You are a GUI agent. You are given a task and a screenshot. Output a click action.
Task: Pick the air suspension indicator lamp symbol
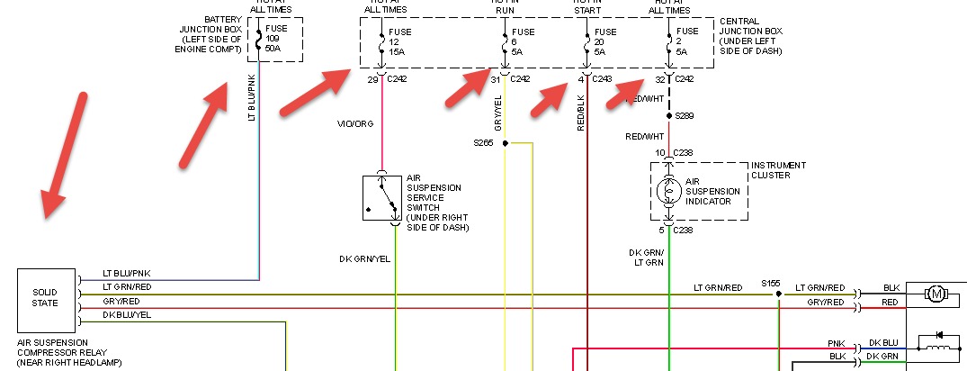pyautogui.click(x=668, y=191)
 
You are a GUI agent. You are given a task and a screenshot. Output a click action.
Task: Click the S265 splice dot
pyautogui.click(x=506, y=143)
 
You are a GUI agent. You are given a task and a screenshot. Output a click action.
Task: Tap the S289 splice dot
pyautogui.click(x=668, y=116)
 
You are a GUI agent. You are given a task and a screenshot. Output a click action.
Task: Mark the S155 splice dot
pyautogui.click(x=779, y=293)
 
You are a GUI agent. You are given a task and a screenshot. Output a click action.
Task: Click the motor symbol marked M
pyautogui.click(x=936, y=293)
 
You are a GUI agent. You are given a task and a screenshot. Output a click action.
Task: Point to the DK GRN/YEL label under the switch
pyautogui.click(x=364, y=259)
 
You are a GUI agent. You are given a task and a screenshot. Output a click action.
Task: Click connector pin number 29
pyautogui.click(x=372, y=79)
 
